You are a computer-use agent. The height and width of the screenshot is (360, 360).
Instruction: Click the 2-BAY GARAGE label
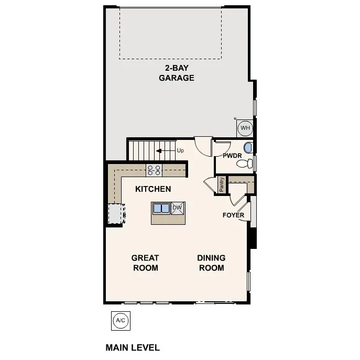(x=177, y=73)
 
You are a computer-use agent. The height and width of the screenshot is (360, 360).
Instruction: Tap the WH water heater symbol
(x=245, y=127)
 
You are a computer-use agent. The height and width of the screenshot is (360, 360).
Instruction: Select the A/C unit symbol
(x=120, y=320)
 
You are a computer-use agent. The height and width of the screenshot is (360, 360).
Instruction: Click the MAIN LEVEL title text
(x=133, y=347)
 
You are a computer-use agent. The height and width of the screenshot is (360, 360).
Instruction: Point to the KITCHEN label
(x=153, y=189)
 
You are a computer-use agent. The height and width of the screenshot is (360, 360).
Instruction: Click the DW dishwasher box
(x=177, y=208)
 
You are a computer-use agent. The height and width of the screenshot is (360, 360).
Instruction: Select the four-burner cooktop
(x=154, y=170)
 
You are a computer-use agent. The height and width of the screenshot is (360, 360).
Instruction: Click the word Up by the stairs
(x=180, y=151)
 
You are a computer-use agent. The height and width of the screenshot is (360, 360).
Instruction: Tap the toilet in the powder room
(x=243, y=164)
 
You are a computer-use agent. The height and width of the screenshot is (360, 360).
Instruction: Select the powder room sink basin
(x=248, y=148)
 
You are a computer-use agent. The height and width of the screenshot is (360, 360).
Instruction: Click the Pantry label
(x=222, y=185)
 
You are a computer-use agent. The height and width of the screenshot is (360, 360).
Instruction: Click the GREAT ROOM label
(x=145, y=263)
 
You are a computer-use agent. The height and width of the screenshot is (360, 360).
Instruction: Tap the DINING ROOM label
(x=211, y=263)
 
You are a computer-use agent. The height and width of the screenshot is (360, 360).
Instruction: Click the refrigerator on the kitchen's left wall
(x=115, y=214)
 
